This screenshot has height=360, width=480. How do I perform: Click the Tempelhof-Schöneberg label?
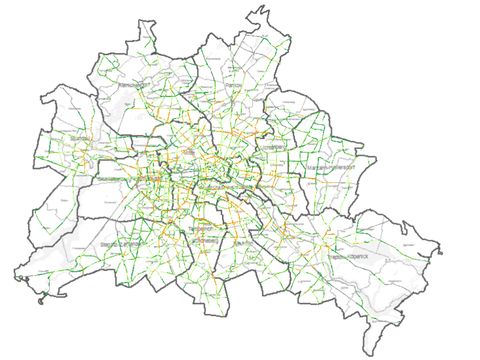tap(201, 234)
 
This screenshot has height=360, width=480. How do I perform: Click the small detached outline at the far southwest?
tap(38, 300)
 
